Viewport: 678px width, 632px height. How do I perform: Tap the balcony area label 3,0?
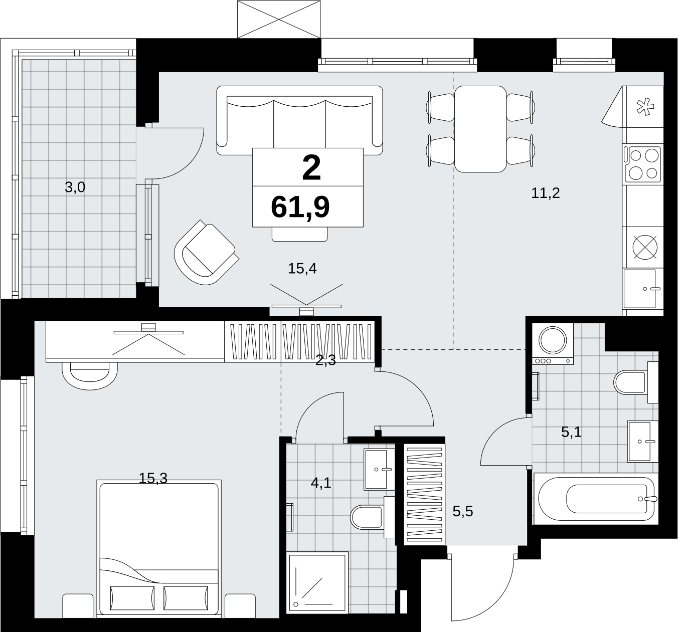[x=75, y=187]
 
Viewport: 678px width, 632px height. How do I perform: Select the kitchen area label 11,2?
[x=546, y=193]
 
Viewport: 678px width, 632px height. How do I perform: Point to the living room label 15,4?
[x=302, y=269]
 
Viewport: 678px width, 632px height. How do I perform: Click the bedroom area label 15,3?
[x=153, y=479]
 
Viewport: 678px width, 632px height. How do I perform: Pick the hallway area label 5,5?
[x=463, y=512]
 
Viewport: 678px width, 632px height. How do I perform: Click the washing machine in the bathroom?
[x=553, y=344]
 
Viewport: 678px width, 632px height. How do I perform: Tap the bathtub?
[x=596, y=499]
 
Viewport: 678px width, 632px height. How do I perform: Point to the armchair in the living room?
[x=206, y=252]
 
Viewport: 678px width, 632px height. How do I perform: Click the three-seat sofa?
[x=300, y=120]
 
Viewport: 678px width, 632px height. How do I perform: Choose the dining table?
[x=480, y=129]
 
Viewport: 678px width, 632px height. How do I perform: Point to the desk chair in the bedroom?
[x=90, y=375]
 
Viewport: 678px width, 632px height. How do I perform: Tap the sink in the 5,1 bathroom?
[x=643, y=441]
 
